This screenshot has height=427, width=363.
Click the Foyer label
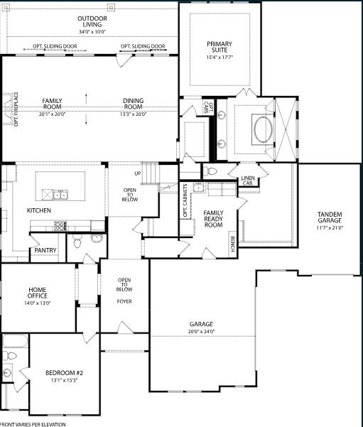124,301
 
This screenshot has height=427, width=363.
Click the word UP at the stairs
137,173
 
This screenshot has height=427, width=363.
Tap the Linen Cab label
247,180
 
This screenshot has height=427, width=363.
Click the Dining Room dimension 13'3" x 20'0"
133,113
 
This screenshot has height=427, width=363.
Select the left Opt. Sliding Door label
55,46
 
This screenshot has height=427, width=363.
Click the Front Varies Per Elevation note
33,423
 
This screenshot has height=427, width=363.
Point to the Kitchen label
39,210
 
